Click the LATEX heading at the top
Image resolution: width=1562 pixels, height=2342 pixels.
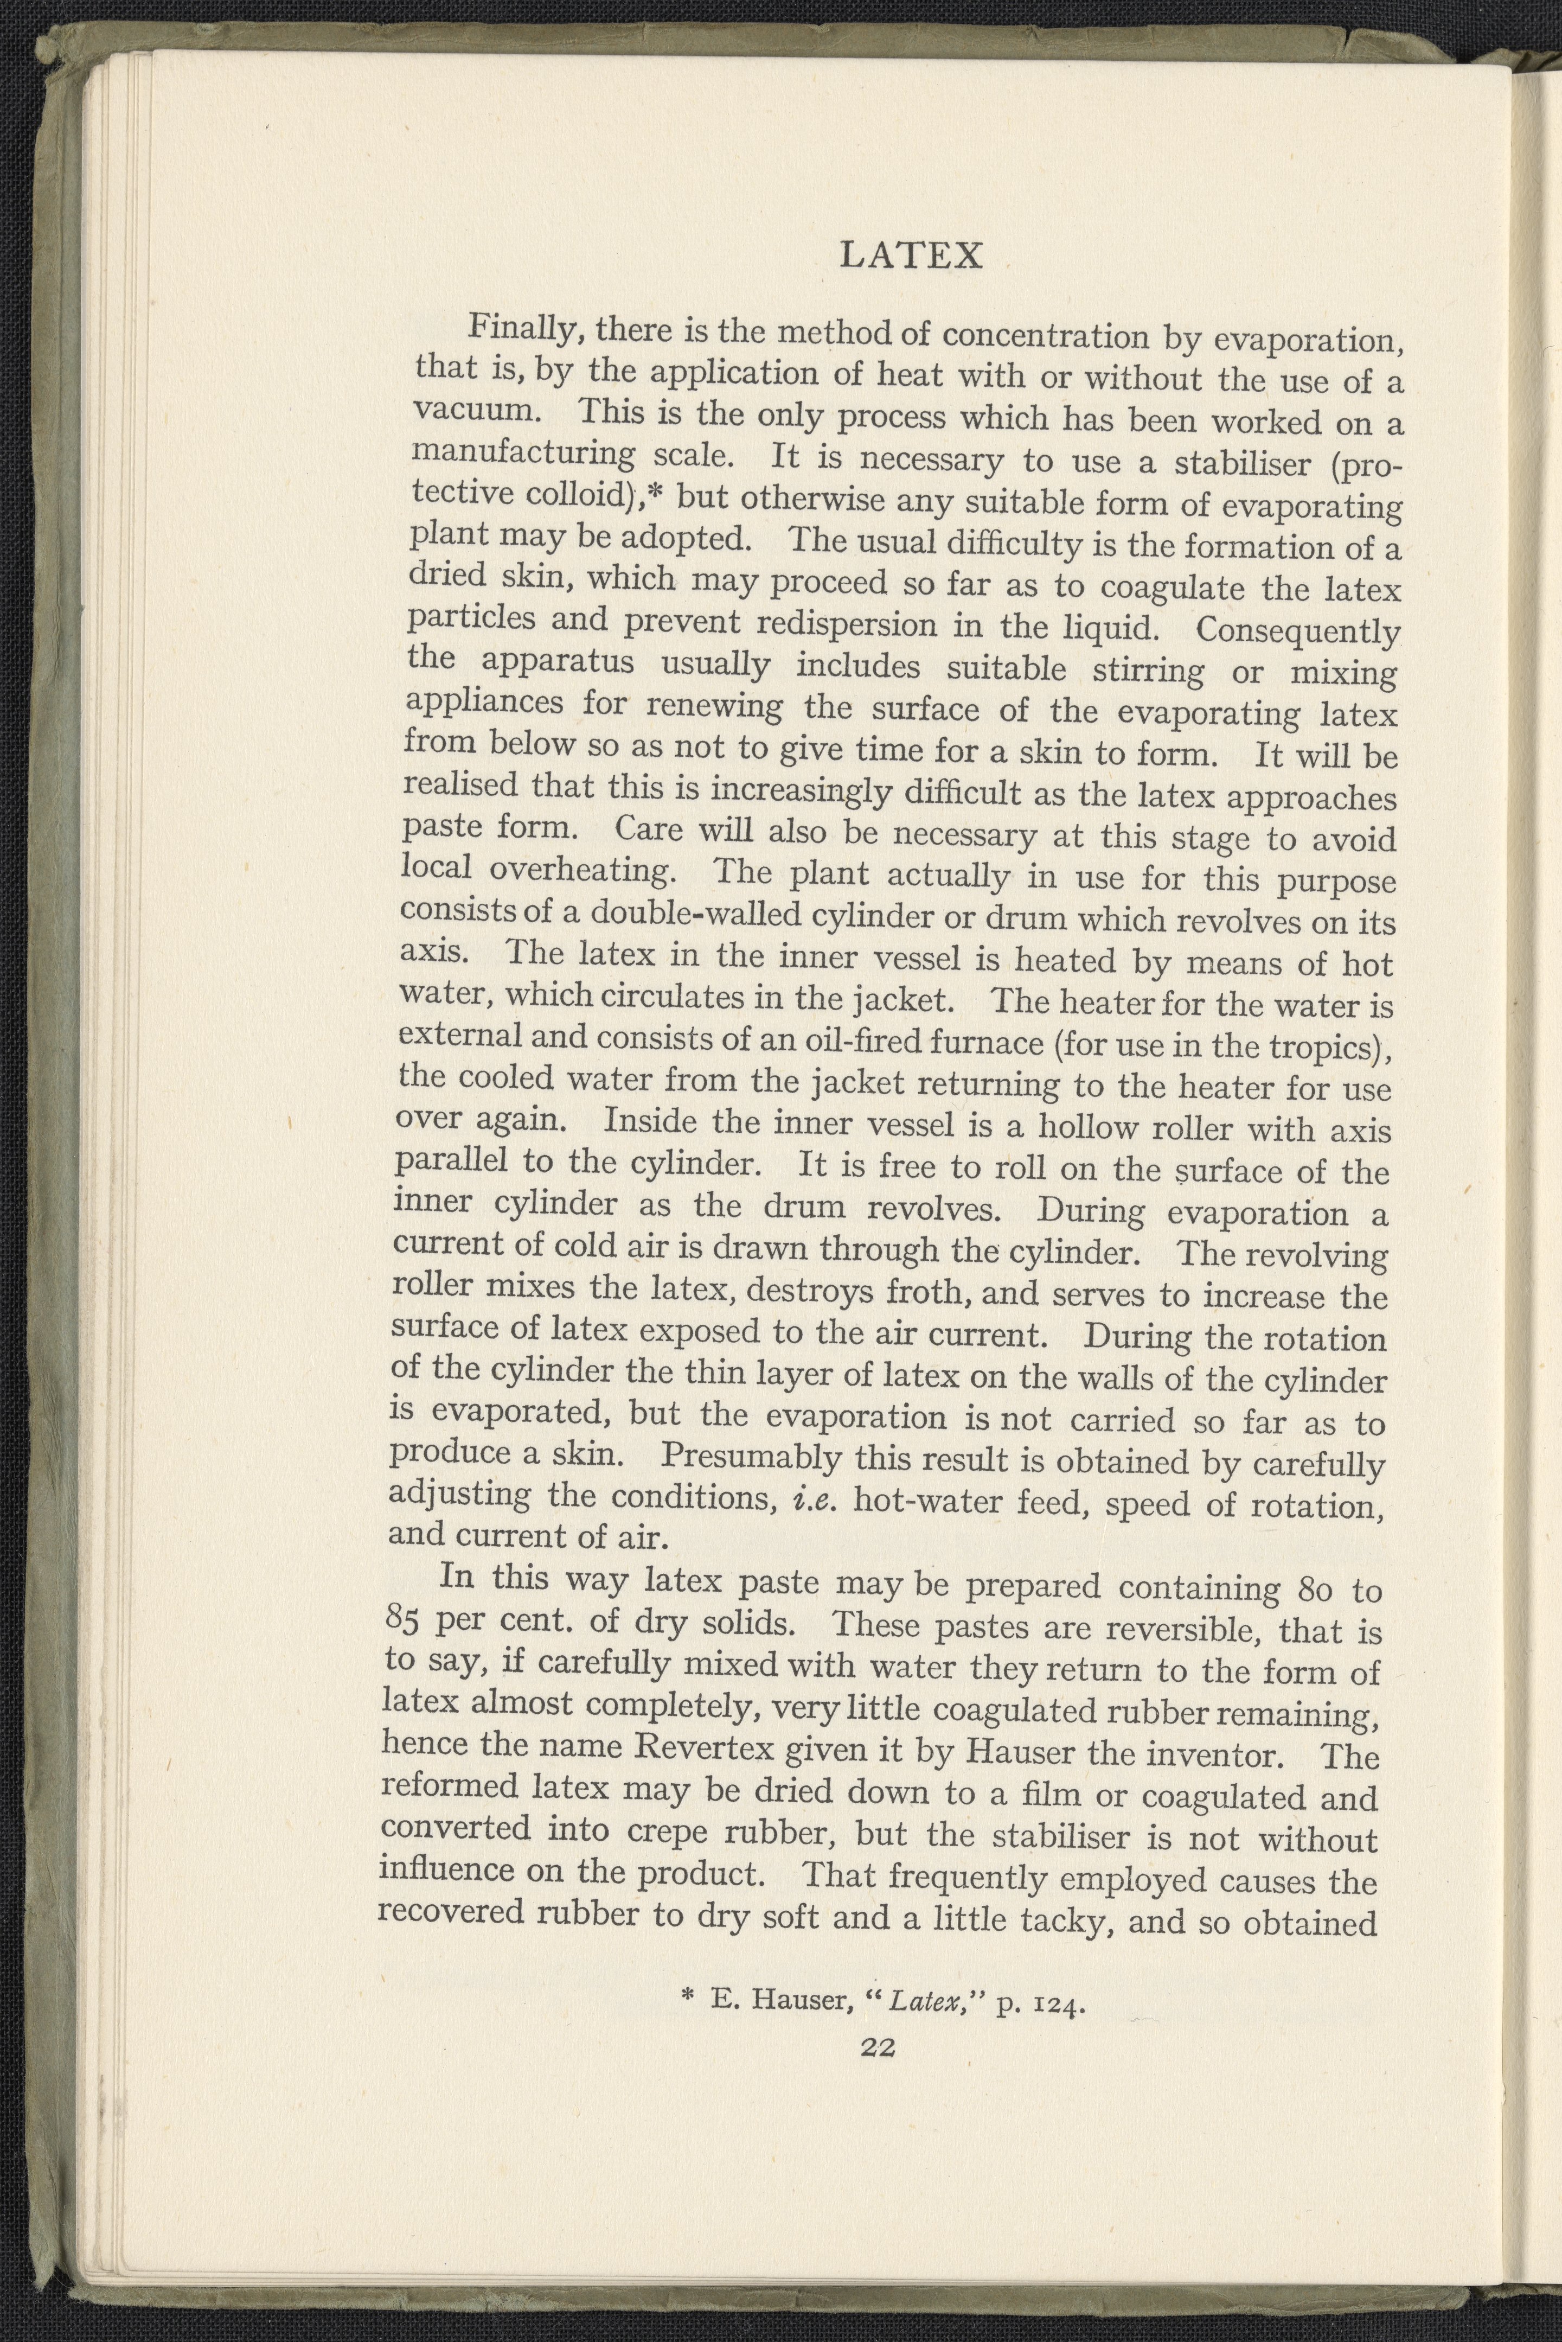[x=912, y=256]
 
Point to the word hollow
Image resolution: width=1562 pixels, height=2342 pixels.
[x=1088, y=1128]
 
